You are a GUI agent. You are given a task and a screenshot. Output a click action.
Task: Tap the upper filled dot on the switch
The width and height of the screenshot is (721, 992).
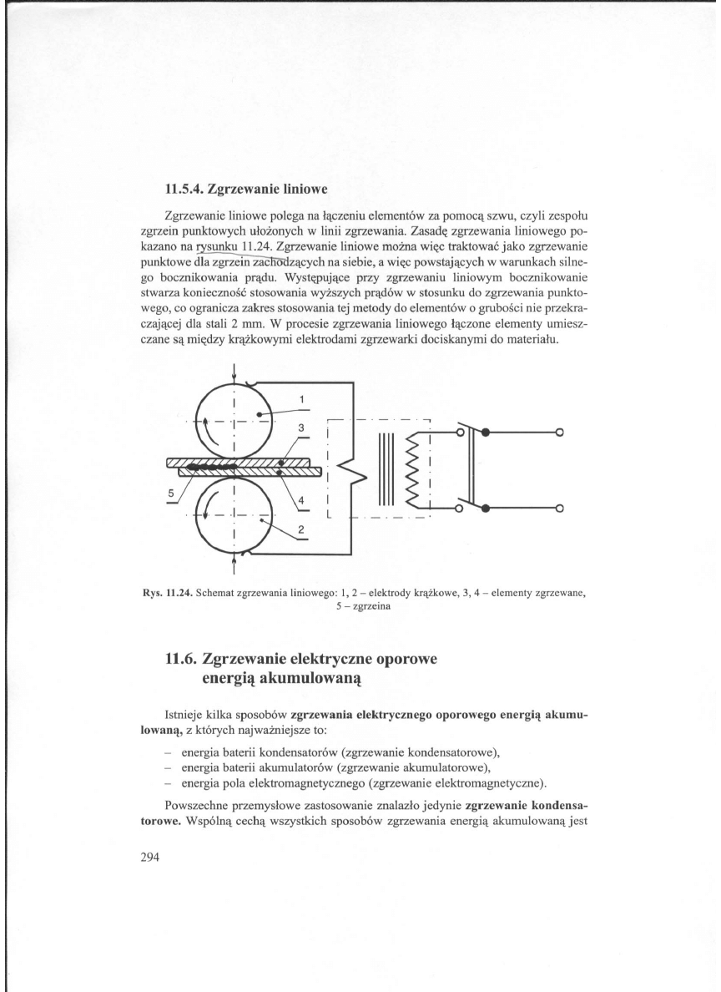point(487,433)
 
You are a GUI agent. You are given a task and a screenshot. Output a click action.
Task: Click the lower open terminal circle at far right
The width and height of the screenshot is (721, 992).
point(560,507)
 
